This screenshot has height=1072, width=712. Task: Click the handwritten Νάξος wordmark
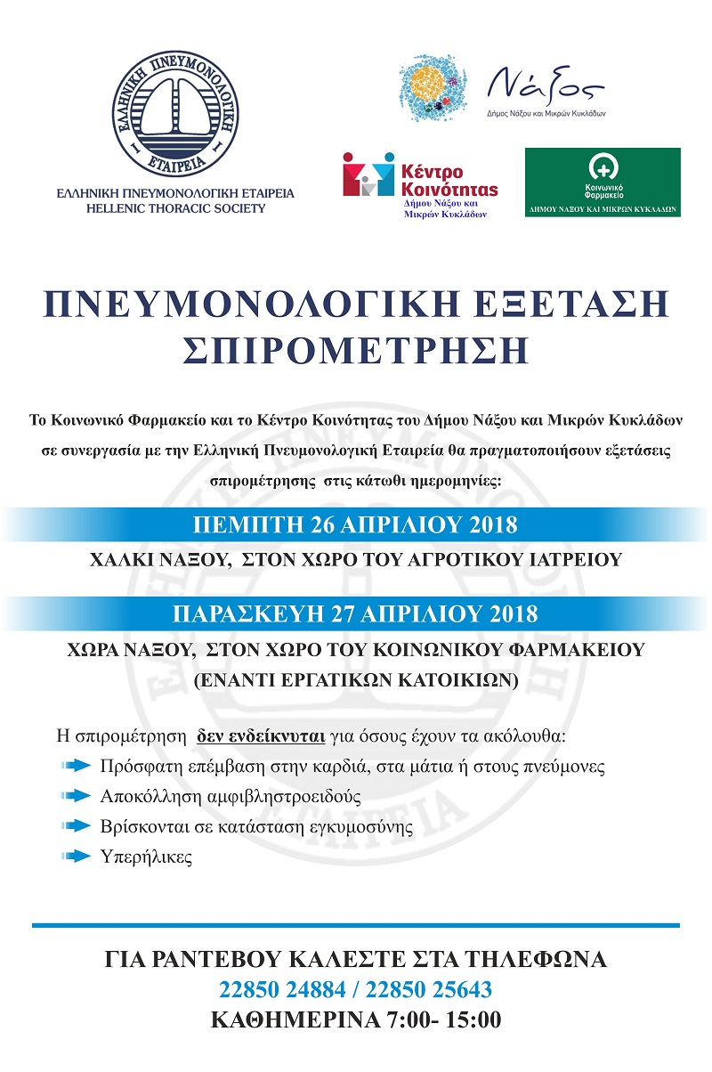546,87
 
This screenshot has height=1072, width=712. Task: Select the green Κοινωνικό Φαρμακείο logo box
602,183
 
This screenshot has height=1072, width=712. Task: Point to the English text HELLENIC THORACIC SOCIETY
159,209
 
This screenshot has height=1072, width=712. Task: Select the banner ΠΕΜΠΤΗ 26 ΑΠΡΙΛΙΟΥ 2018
356,524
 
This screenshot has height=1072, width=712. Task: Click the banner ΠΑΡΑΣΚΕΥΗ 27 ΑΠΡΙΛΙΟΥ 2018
356,614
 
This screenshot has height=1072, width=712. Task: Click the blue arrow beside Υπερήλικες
77,857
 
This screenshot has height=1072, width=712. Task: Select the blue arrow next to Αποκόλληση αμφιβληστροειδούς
77,795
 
